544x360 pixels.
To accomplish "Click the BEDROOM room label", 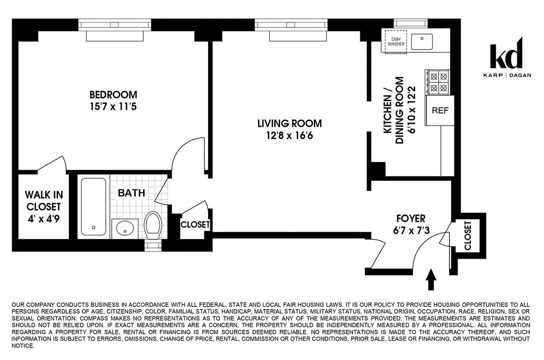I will point(113,95).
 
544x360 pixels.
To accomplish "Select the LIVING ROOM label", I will point(290,123).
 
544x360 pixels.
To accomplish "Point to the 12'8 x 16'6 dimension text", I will point(290,135).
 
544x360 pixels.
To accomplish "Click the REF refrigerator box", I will point(440,110).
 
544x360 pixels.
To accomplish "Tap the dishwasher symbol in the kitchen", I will point(394,41).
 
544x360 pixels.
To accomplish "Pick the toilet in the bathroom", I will point(153,226).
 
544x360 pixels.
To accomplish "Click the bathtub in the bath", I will point(93,206).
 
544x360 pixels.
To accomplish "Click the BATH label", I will point(131,193).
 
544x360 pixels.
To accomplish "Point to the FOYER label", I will point(410,219).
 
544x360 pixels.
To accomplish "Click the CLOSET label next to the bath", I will point(195,224).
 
